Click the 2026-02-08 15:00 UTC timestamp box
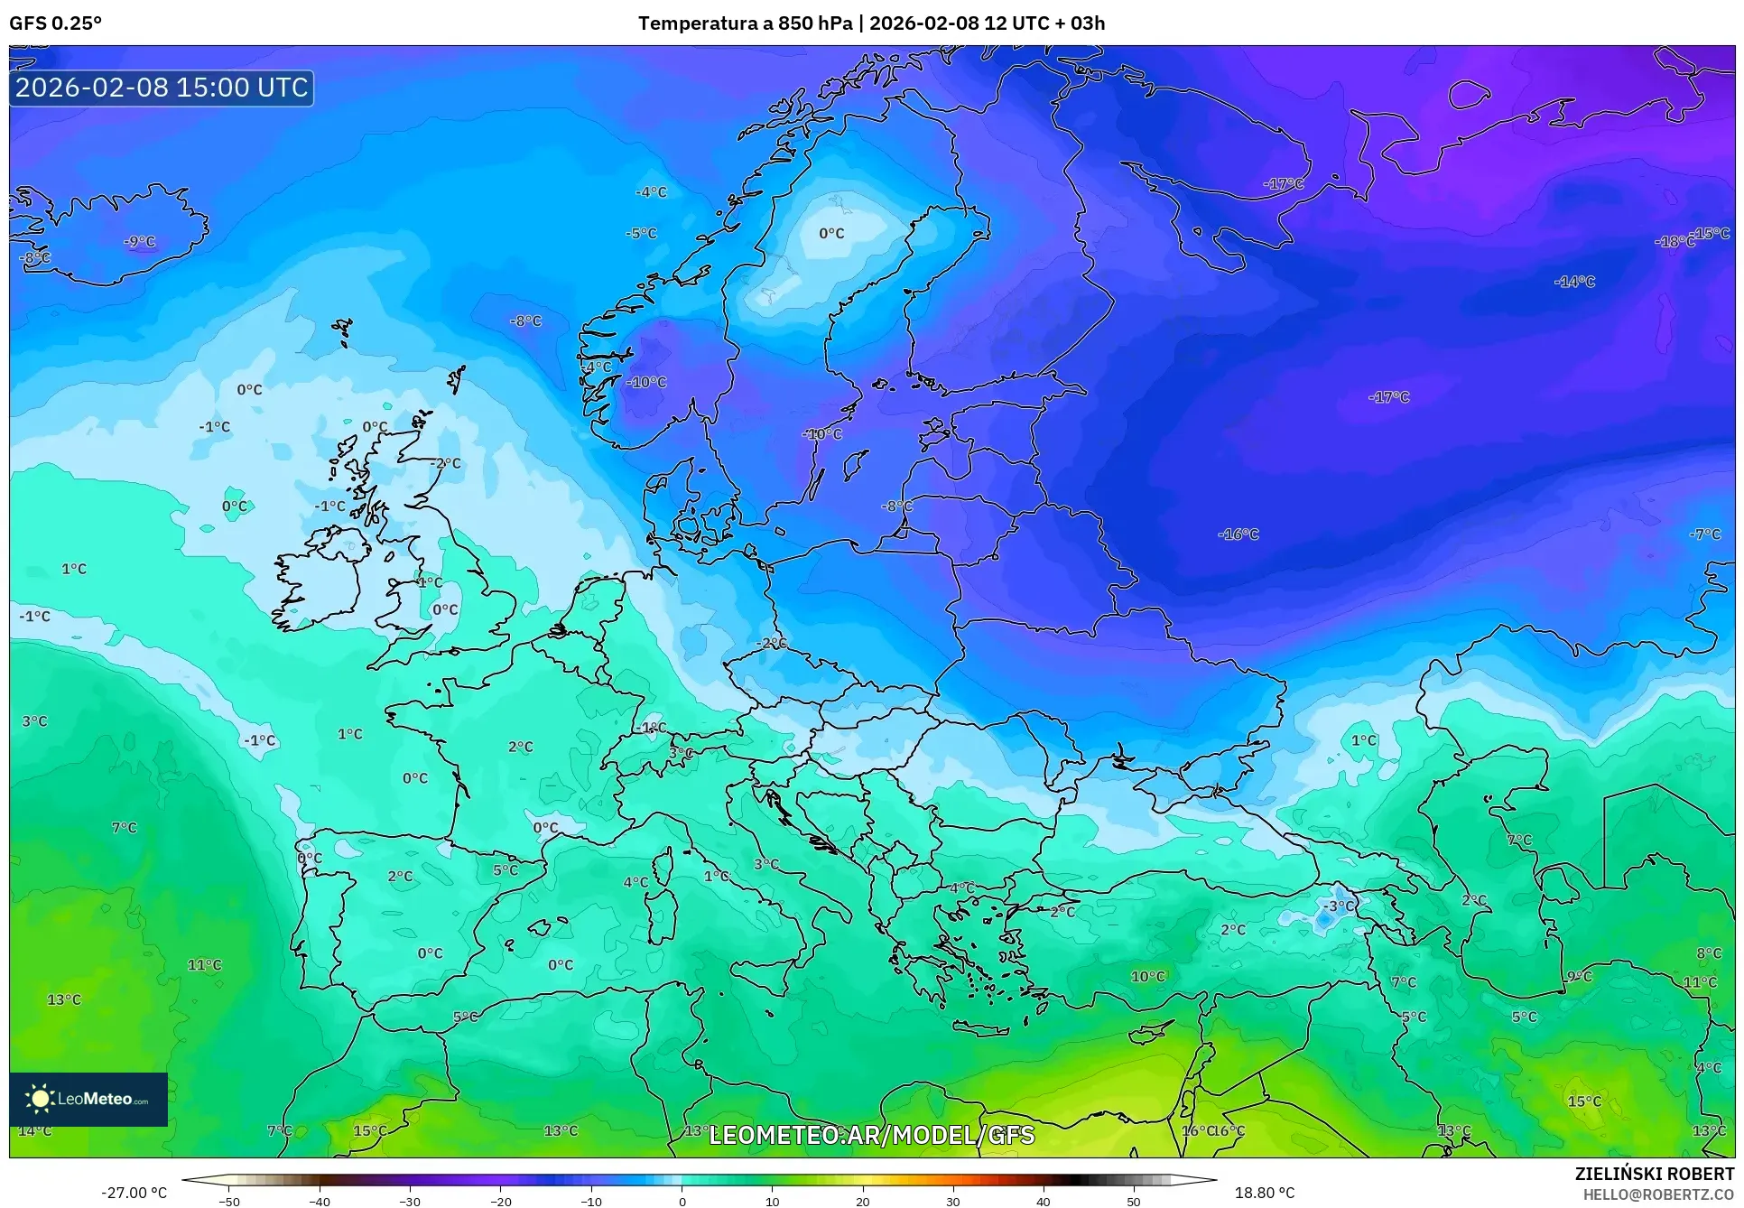click(x=162, y=88)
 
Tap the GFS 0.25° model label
click(x=56, y=23)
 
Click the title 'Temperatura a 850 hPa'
click(x=745, y=23)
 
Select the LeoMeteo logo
click(x=88, y=1099)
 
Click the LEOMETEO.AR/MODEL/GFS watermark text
click(x=871, y=1135)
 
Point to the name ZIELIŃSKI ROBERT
click(x=1654, y=1174)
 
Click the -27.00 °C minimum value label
click(x=134, y=1193)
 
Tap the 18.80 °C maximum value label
click(x=1264, y=1193)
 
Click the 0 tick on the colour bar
click(x=682, y=1202)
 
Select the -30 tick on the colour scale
click(x=410, y=1202)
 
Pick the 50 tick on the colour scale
click(x=1134, y=1202)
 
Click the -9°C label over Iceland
click(x=140, y=242)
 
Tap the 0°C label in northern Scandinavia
click(x=831, y=234)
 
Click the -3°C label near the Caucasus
click(x=1339, y=906)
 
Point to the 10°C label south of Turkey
click(x=1148, y=976)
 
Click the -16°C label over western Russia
click(x=1238, y=534)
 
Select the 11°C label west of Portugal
click(x=204, y=964)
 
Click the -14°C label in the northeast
click(x=1574, y=282)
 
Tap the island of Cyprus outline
click(x=1151, y=1033)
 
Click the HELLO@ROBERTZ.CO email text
click(x=1658, y=1194)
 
